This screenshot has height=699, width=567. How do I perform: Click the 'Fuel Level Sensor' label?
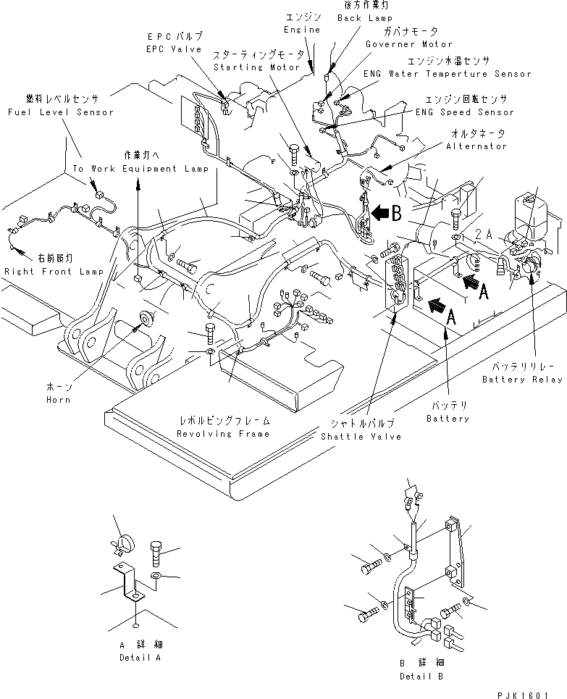pyautogui.click(x=59, y=112)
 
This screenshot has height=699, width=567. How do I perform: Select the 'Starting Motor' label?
pyautogui.click(x=256, y=67)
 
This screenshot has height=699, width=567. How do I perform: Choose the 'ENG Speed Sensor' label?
pyautogui.click(x=464, y=112)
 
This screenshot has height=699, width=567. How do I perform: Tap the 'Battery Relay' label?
pyautogui.click(x=521, y=380)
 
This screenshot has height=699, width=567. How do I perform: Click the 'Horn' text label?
pyautogui.click(x=59, y=398)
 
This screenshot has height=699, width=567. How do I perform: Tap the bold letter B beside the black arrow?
pyautogui.click(x=396, y=214)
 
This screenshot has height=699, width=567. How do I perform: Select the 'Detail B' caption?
pyautogui.click(x=421, y=677)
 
